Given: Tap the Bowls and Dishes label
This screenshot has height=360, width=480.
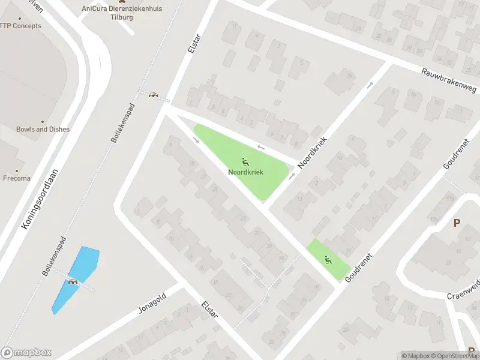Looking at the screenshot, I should click(x=43, y=129).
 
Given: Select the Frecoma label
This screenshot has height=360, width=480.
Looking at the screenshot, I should click(x=17, y=178).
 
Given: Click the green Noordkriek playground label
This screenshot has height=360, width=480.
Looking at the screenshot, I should click(x=245, y=172).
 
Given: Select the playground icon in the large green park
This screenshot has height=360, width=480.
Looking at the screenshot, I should click(x=245, y=161).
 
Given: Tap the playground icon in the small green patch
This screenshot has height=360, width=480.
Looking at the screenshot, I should click(x=328, y=260).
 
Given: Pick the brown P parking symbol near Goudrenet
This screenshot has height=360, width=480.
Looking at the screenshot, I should click(x=457, y=223).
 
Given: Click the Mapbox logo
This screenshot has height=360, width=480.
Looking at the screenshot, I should click(x=26, y=353).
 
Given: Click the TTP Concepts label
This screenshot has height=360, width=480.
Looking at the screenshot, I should click(x=20, y=26).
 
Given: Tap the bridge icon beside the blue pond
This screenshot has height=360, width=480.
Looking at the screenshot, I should click(x=73, y=281).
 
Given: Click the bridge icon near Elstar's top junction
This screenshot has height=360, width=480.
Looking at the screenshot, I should click(x=154, y=95).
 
